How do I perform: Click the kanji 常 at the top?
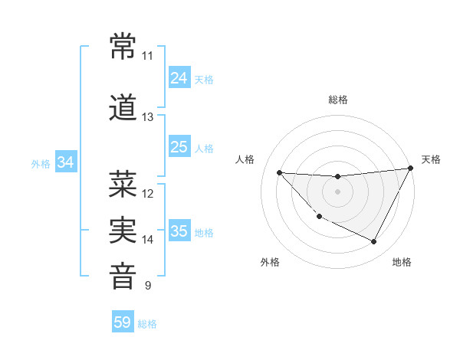pyautogui.click(x=123, y=47)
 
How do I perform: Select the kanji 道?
pyautogui.click(x=123, y=108)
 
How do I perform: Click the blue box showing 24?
pyautogui.click(x=179, y=78)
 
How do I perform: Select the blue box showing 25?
pyautogui.click(x=179, y=147)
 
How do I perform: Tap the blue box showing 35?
pyautogui.click(x=179, y=231)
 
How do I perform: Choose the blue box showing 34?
pyautogui.click(x=66, y=162)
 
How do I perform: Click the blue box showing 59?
pyautogui.click(x=123, y=322)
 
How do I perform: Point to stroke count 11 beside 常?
pyautogui.click(x=147, y=56)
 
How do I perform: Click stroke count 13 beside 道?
pyautogui.click(x=147, y=117)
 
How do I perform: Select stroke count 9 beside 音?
pyautogui.click(x=147, y=286)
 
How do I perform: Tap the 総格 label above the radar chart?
pyautogui.click(x=338, y=100)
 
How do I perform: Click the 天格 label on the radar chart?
pyautogui.click(x=431, y=159)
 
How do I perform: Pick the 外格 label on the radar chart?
pyautogui.click(x=270, y=262)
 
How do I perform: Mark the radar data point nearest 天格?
pyautogui.click(x=411, y=169)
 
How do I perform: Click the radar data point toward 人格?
pyautogui.click(x=279, y=172)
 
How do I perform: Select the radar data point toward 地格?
pyautogui.click(x=374, y=242)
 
